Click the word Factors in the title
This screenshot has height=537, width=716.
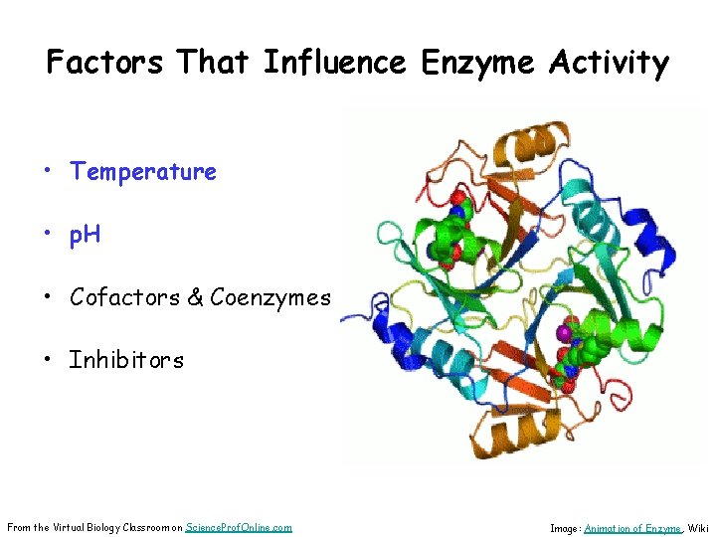(x=105, y=64)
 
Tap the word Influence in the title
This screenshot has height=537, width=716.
(x=334, y=64)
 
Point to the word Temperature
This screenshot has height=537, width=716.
(x=143, y=172)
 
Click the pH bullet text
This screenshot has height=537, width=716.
(x=86, y=236)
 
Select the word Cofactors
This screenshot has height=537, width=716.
(x=125, y=297)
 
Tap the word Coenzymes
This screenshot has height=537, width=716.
(x=270, y=297)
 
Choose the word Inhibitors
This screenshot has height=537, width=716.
(x=126, y=360)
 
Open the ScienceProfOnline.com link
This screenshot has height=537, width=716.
(x=239, y=526)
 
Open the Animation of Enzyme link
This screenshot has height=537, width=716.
(x=632, y=528)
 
